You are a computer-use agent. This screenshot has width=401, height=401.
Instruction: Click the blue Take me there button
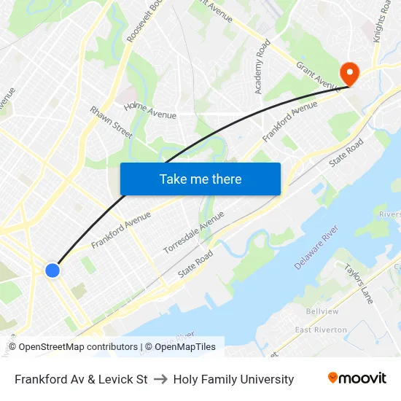point(200,179)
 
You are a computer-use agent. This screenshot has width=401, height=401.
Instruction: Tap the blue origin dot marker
point(52,270)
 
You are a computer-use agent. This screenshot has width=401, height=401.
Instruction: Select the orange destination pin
point(349,71)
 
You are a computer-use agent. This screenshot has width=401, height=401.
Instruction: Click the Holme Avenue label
point(150,111)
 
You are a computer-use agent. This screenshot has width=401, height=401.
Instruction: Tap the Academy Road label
point(262,66)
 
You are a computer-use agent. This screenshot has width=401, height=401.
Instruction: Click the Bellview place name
point(322,311)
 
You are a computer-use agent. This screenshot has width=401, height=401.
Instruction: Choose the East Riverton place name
point(321,330)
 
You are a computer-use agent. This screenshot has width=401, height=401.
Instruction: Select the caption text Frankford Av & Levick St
point(81,379)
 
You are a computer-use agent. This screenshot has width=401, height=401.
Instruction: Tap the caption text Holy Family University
point(233,379)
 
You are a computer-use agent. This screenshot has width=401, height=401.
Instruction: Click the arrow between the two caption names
point(160,379)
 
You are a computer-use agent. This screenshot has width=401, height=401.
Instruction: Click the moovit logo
point(357,378)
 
